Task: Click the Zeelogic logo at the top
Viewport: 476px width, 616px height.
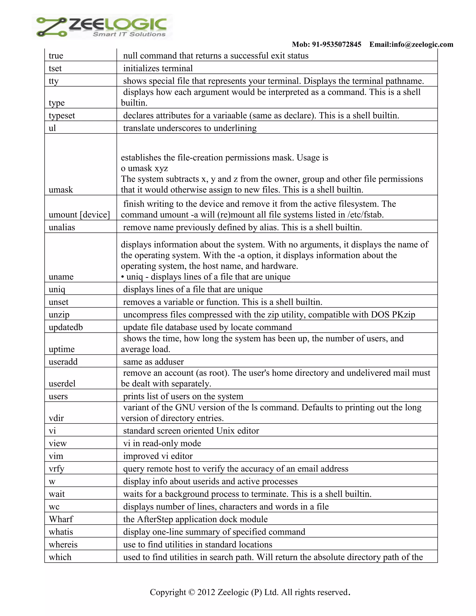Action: [x=102, y=27]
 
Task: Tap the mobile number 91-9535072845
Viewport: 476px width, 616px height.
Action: [x=336, y=44]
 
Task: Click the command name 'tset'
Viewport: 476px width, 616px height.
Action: [x=55, y=68]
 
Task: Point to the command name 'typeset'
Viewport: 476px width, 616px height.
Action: [x=62, y=115]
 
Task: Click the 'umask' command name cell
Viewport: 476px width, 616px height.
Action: [x=61, y=189]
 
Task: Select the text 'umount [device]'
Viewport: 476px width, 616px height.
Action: [x=79, y=215]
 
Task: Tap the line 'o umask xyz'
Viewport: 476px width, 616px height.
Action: [x=144, y=168]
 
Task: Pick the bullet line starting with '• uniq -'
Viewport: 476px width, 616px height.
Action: [x=205, y=277]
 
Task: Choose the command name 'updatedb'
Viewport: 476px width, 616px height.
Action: [x=66, y=327]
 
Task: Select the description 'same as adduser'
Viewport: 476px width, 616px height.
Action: [x=153, y=362]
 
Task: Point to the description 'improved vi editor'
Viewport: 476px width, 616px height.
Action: [x=158, y=456]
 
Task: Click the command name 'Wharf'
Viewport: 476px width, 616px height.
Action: [x=61, y=519]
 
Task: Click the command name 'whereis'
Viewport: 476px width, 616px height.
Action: [x=63, y=544]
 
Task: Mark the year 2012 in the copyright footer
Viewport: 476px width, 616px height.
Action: [x=206, y=592]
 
